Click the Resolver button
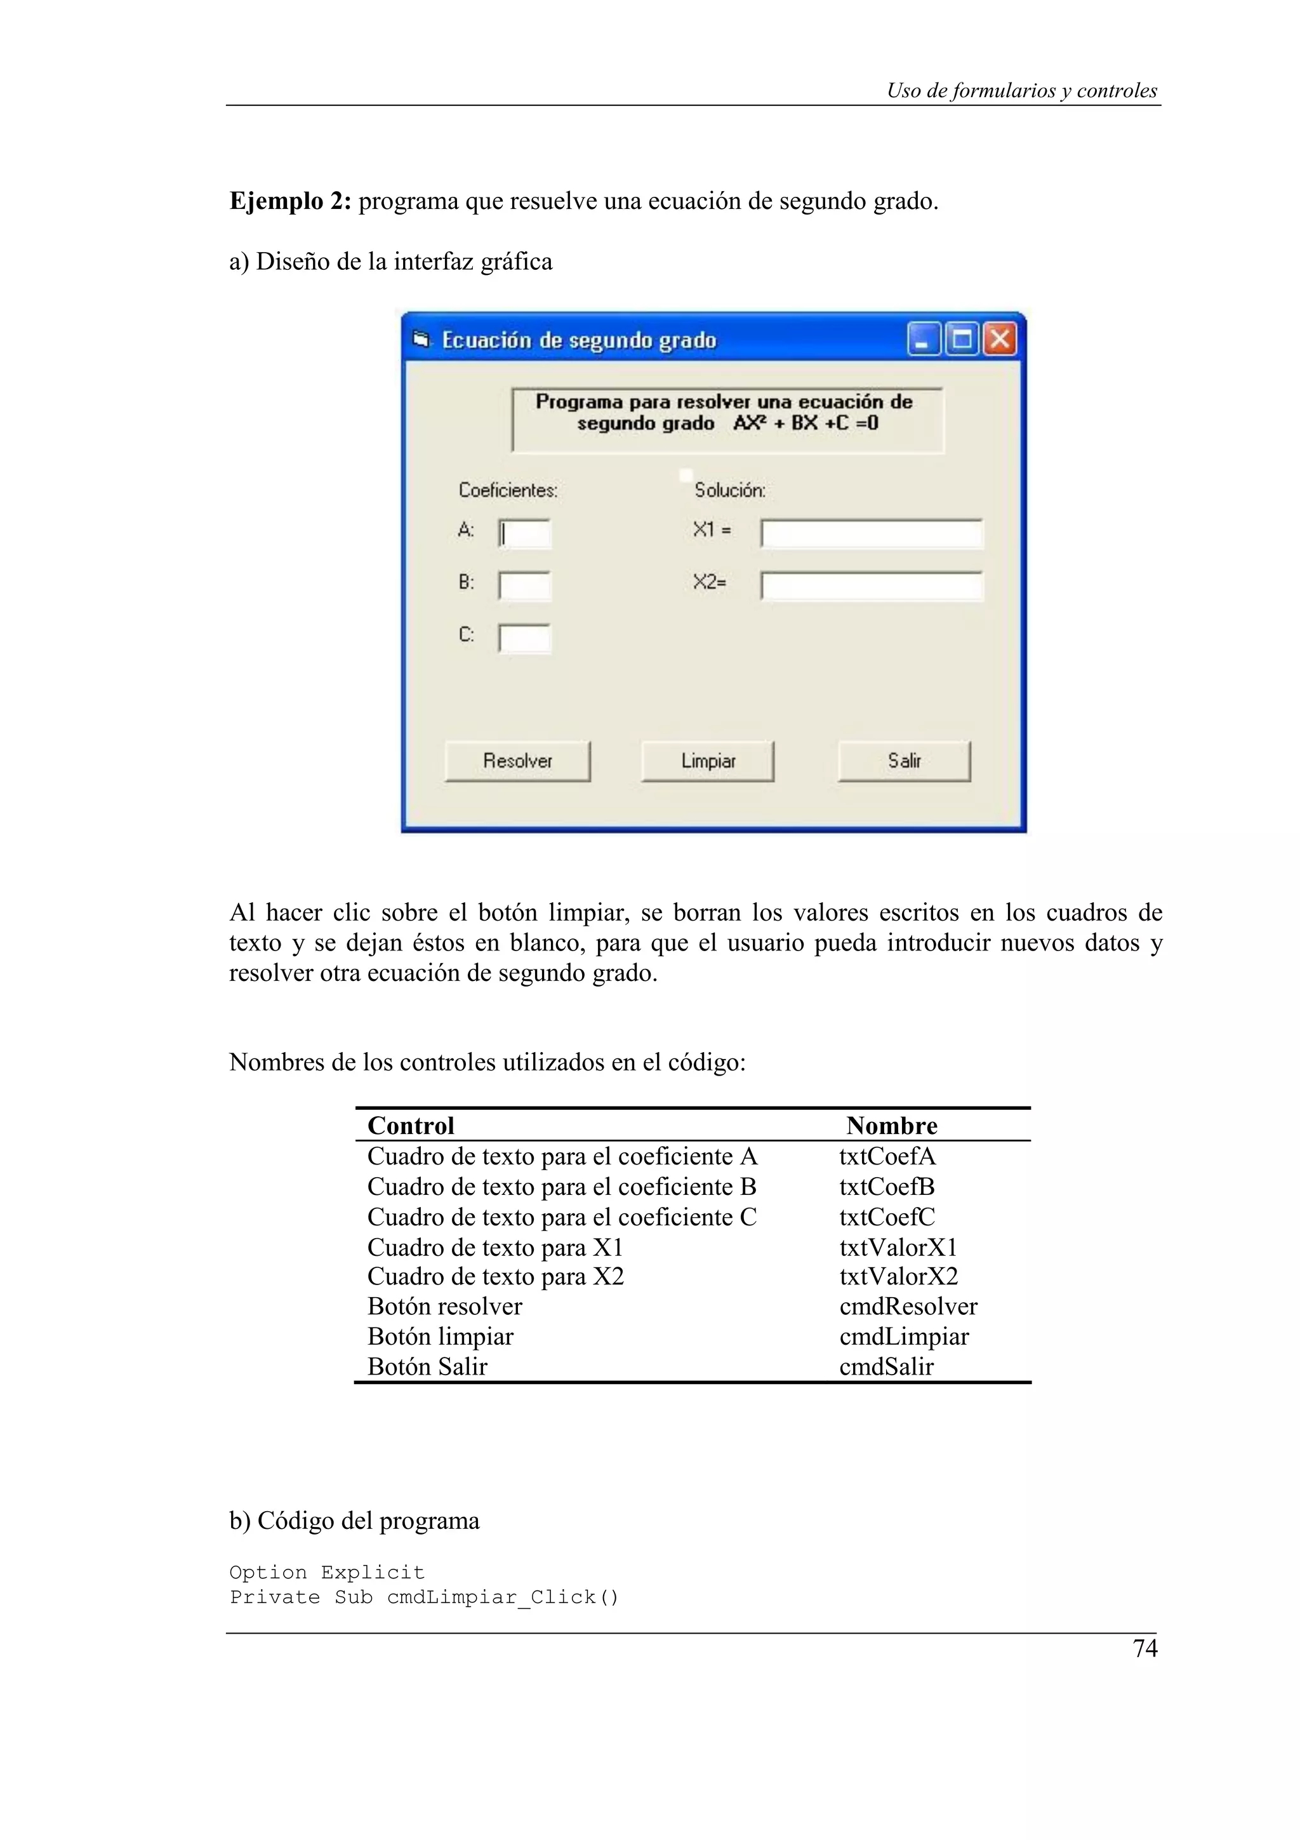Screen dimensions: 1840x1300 (517, 761)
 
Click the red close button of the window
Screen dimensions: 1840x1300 (1000, 339)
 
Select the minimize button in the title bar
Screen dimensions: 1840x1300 (924, 339)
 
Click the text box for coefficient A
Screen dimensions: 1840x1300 (525, 534)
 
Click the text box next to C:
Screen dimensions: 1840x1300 (525, 639)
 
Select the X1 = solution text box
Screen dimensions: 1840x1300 (872, 534)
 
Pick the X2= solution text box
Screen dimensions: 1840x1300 (872, 586)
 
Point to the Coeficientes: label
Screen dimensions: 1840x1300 (508, 490)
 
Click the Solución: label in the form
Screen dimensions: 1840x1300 (730, 490)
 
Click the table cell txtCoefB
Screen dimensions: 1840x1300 (887, 1187)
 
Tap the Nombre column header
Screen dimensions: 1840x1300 (891, 1125)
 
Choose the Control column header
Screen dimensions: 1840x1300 (411, 1125)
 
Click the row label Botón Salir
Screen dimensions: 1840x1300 (427, 1366)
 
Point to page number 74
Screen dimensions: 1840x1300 (1144, 1648)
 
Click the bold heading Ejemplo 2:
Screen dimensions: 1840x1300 (291, 201)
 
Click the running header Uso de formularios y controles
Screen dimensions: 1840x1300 (1021, 91)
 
